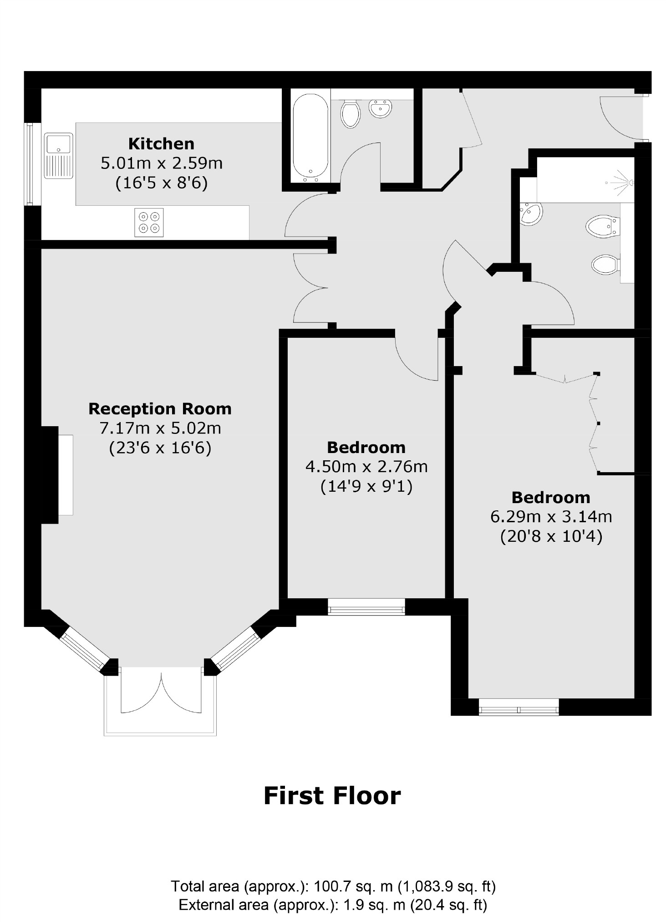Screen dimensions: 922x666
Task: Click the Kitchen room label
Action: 161,144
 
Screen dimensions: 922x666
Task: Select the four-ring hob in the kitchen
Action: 149,222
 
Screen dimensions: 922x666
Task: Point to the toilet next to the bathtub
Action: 350,114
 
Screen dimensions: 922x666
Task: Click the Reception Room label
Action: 160,409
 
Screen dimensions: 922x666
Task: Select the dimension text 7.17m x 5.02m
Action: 160,428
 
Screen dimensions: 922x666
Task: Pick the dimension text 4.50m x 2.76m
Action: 366,467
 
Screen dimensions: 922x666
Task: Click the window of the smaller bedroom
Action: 366,607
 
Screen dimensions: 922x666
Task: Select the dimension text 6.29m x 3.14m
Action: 551,517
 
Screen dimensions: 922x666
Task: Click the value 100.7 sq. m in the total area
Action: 353,886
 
